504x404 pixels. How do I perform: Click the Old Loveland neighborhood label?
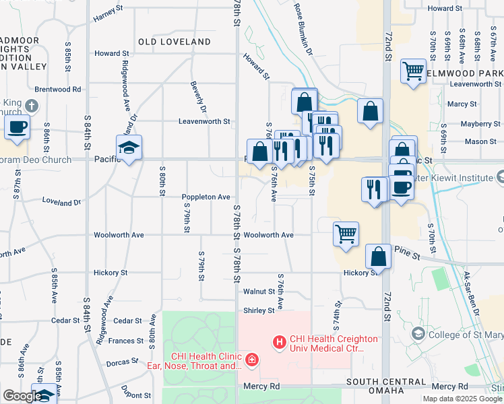coord(175,42)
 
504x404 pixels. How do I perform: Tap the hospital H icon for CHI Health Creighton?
coord(278,343)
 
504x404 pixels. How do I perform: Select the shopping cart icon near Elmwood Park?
coord(412,71)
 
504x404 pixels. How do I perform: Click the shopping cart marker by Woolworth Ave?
coord(346,234)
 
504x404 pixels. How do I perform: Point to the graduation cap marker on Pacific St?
coord(129,147)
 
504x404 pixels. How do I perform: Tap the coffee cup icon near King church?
coord(18,127)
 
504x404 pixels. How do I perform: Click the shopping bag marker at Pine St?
coord(379,257)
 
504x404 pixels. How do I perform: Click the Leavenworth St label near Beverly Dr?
coord(204,122)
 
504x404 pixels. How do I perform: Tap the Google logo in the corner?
coord(22,396)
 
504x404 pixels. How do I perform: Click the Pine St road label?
coord(407,257)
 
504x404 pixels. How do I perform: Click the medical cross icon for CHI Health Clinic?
coord(251,361)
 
